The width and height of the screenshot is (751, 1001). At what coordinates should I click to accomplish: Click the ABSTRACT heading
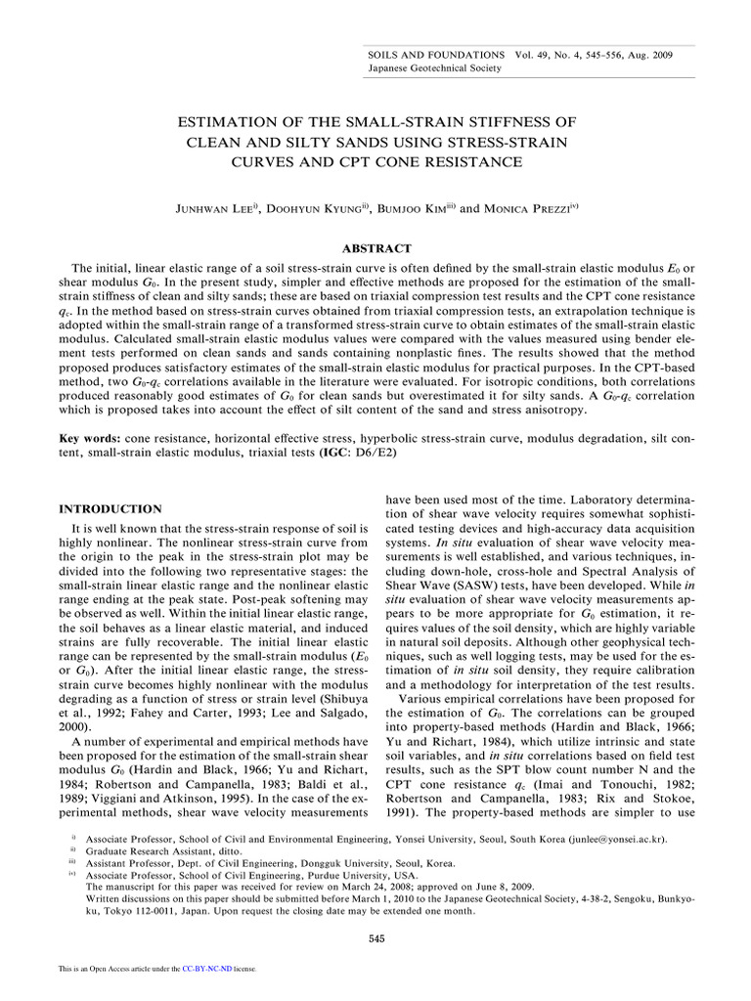375,248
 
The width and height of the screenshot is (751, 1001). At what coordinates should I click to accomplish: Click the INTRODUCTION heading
110,509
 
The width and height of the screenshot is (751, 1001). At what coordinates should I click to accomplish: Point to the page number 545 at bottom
375,938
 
